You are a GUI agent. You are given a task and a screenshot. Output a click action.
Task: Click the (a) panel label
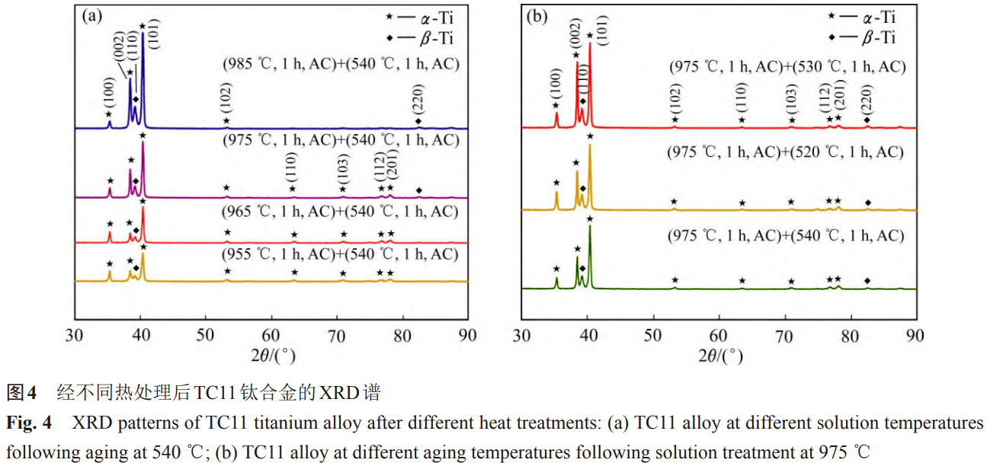[x=93, y=15]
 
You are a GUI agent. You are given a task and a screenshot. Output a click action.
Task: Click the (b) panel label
[x=538, y=15]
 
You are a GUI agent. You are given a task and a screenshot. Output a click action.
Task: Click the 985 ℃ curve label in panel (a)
[x=341, y=64]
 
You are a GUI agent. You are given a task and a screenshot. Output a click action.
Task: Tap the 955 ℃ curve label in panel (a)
[x=341, y=253]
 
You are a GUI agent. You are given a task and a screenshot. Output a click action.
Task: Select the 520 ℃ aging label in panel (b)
[x=786, y=152]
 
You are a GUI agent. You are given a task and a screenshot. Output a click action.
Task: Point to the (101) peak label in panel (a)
[x=153, y=31]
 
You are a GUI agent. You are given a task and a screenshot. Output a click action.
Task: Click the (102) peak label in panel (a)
[x=226, y=97]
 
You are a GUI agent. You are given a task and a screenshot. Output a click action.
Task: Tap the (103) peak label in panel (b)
[x=792, y=97]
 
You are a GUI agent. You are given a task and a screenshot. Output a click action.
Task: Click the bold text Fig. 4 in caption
[x=27, y=421]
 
